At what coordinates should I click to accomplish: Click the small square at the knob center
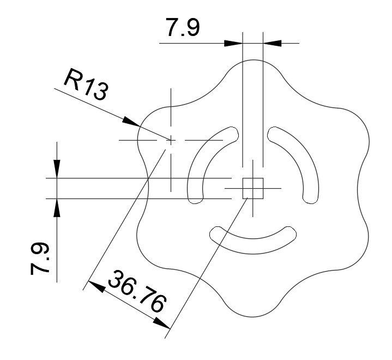(253, 188)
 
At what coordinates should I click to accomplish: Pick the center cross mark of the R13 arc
(171, 140)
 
